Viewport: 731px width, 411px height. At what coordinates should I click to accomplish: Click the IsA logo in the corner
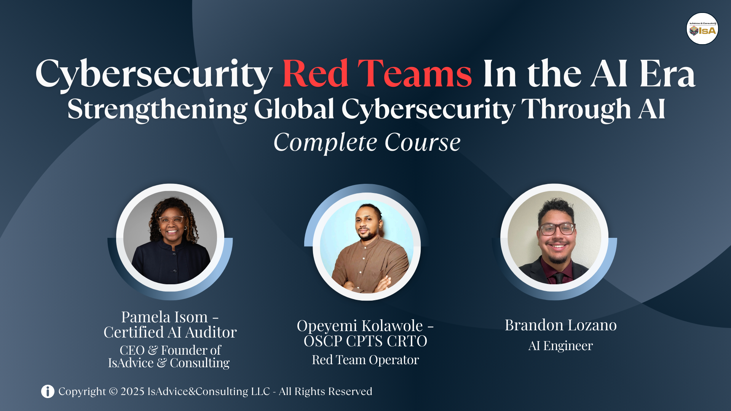point(702,29)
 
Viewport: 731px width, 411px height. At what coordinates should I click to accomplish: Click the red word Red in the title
point(315,73)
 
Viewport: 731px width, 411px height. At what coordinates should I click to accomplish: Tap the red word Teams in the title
point(415,73)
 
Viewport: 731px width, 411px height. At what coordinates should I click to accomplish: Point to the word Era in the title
point(667,73)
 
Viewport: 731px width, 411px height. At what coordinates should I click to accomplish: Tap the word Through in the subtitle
point(576,110)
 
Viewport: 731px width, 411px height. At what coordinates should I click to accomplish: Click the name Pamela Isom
point(164,317)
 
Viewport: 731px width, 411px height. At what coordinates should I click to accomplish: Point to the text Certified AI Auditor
point(170,332)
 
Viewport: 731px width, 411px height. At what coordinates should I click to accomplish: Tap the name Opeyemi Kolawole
point(360,326)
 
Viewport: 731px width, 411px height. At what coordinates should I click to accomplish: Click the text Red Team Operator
point(365,360)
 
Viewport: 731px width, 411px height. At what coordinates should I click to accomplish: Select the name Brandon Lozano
point(560,325)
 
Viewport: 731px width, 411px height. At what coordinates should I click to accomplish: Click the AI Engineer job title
point(560,346)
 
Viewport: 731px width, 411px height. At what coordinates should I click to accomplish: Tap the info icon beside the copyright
point(48,391)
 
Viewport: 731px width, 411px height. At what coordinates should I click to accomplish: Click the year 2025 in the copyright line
point(132,391)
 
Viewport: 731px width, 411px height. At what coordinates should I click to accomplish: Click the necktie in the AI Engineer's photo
point(559,278)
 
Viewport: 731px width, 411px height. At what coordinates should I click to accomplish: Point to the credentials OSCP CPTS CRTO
point(365,341)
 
